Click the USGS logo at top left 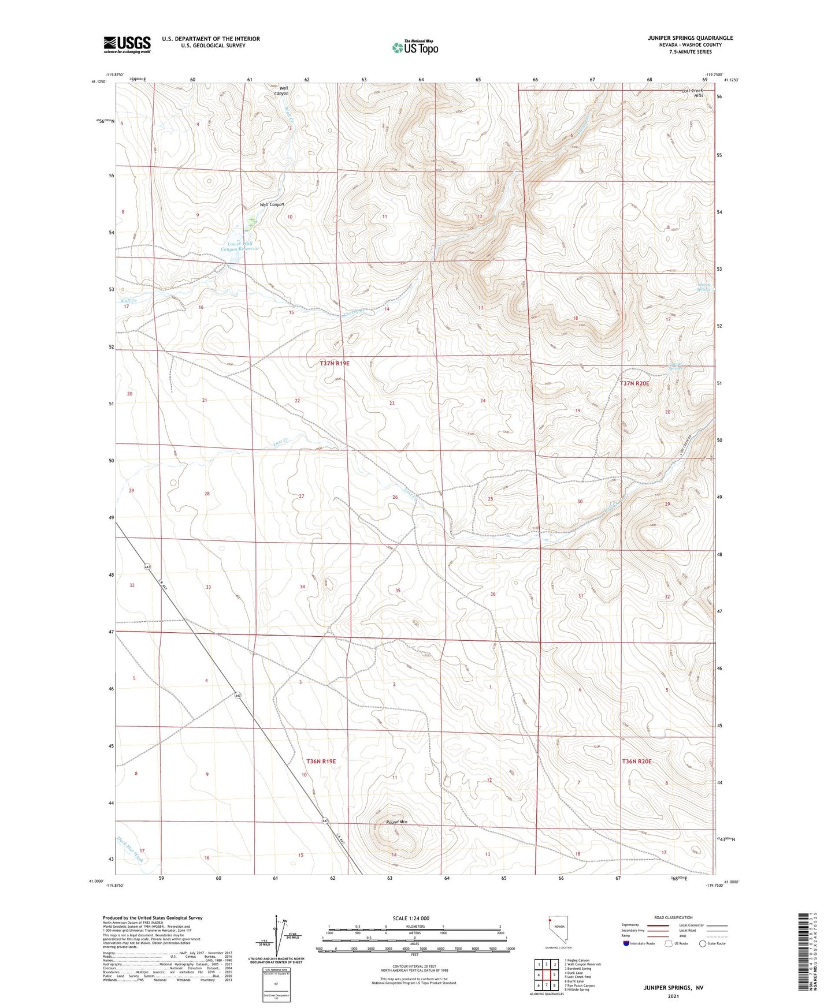click(127, 44)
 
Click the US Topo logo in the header click(414, 47)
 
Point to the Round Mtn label click(397, 822)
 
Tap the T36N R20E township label click(636, 761)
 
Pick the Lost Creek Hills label click(692, 93)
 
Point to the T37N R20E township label click(634, 383)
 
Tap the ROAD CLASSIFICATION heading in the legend click(673, 917)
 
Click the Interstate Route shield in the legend click(627, 944)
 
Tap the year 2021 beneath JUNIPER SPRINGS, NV click(673, 996)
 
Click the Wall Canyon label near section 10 click(272, 205)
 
